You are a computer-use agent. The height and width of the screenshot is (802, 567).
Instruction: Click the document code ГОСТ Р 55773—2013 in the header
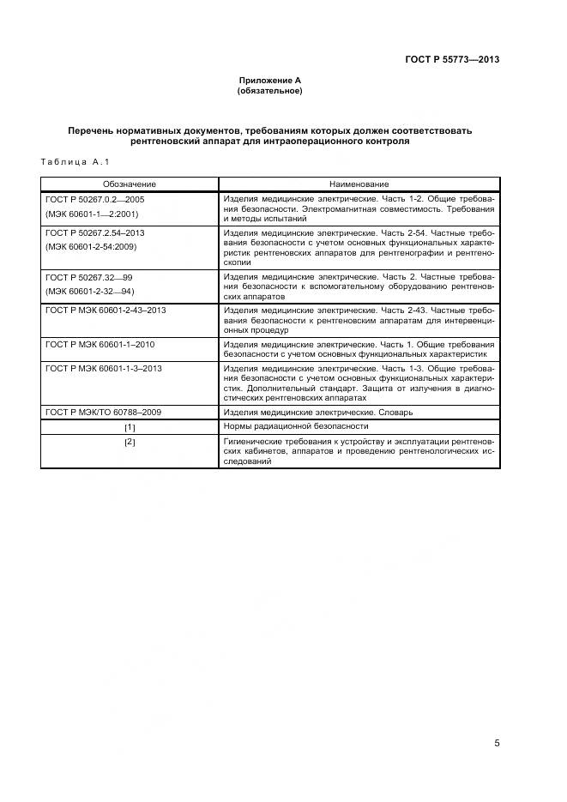[452, 60]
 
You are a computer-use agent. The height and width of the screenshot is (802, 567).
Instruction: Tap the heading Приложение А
[270, 80]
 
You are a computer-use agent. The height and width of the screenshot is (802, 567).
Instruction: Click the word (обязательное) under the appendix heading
[270, 90]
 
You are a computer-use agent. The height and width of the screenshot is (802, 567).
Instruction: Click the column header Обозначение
[130, 184]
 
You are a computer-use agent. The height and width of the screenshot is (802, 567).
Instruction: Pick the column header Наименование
[359, 184]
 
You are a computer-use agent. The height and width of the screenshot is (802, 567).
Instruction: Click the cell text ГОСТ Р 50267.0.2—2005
[95, 199]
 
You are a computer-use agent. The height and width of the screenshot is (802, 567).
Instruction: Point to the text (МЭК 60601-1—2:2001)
[92, 214]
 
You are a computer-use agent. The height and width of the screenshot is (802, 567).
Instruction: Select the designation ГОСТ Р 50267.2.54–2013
[95, 232]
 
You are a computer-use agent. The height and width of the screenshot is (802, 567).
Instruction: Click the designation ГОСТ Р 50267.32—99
[90, 278]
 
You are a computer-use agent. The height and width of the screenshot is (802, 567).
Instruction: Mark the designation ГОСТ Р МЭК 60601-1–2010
[100, 344]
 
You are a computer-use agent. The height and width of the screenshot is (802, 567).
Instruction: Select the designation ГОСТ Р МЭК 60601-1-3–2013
[104, 368]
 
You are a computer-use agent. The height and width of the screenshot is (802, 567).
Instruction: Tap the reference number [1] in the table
[130, 426]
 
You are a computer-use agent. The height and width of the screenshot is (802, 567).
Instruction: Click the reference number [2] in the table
[130, 442]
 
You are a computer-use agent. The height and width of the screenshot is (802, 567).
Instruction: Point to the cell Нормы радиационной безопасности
[296, 426]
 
